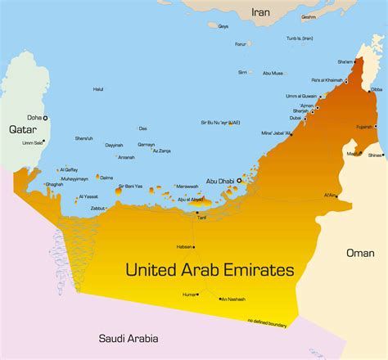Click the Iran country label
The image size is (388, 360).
259,12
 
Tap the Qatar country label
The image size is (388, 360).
24,128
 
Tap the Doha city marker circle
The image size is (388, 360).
45,118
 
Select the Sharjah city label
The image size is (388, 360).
300,110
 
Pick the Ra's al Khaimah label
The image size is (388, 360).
328,79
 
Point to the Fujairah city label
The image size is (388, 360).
363,127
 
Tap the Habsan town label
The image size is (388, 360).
186,246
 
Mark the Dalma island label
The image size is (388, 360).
107,177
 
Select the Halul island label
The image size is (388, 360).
98,88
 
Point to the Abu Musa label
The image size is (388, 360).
273,73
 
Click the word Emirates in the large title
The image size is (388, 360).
251,269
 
